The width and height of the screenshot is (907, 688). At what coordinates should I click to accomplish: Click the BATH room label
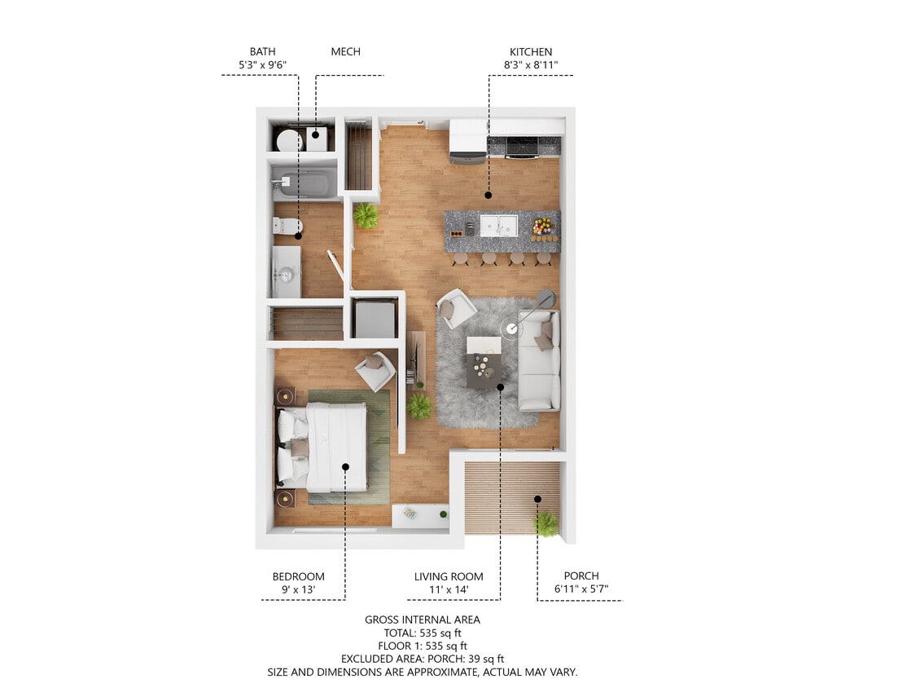point(262,51)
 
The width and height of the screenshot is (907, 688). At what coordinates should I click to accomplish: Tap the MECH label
point(345,51)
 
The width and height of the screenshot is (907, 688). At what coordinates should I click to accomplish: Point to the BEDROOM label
point(298,576)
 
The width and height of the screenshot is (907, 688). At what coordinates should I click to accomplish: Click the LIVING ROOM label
point(449,576)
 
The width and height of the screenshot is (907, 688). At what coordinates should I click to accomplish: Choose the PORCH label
point(581,576)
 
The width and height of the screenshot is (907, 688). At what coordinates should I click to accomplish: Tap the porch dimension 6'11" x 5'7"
point(581,589)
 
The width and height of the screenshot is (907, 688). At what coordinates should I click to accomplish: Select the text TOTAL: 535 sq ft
point(423,633)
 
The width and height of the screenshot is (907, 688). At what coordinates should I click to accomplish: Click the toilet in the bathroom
point(287,225)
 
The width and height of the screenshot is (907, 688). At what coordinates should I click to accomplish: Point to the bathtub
point(304,183)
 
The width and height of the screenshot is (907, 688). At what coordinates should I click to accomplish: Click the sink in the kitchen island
point(497,224)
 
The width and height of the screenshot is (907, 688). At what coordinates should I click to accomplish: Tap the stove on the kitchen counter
point(522,146)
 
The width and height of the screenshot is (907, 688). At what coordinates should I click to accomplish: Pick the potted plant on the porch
point(546,523)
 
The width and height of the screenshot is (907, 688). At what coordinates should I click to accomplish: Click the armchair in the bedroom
point(375,371)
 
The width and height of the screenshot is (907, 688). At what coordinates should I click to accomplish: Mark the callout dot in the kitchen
point(489,195)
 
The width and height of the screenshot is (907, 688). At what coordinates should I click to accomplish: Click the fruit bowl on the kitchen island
point(541,226)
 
